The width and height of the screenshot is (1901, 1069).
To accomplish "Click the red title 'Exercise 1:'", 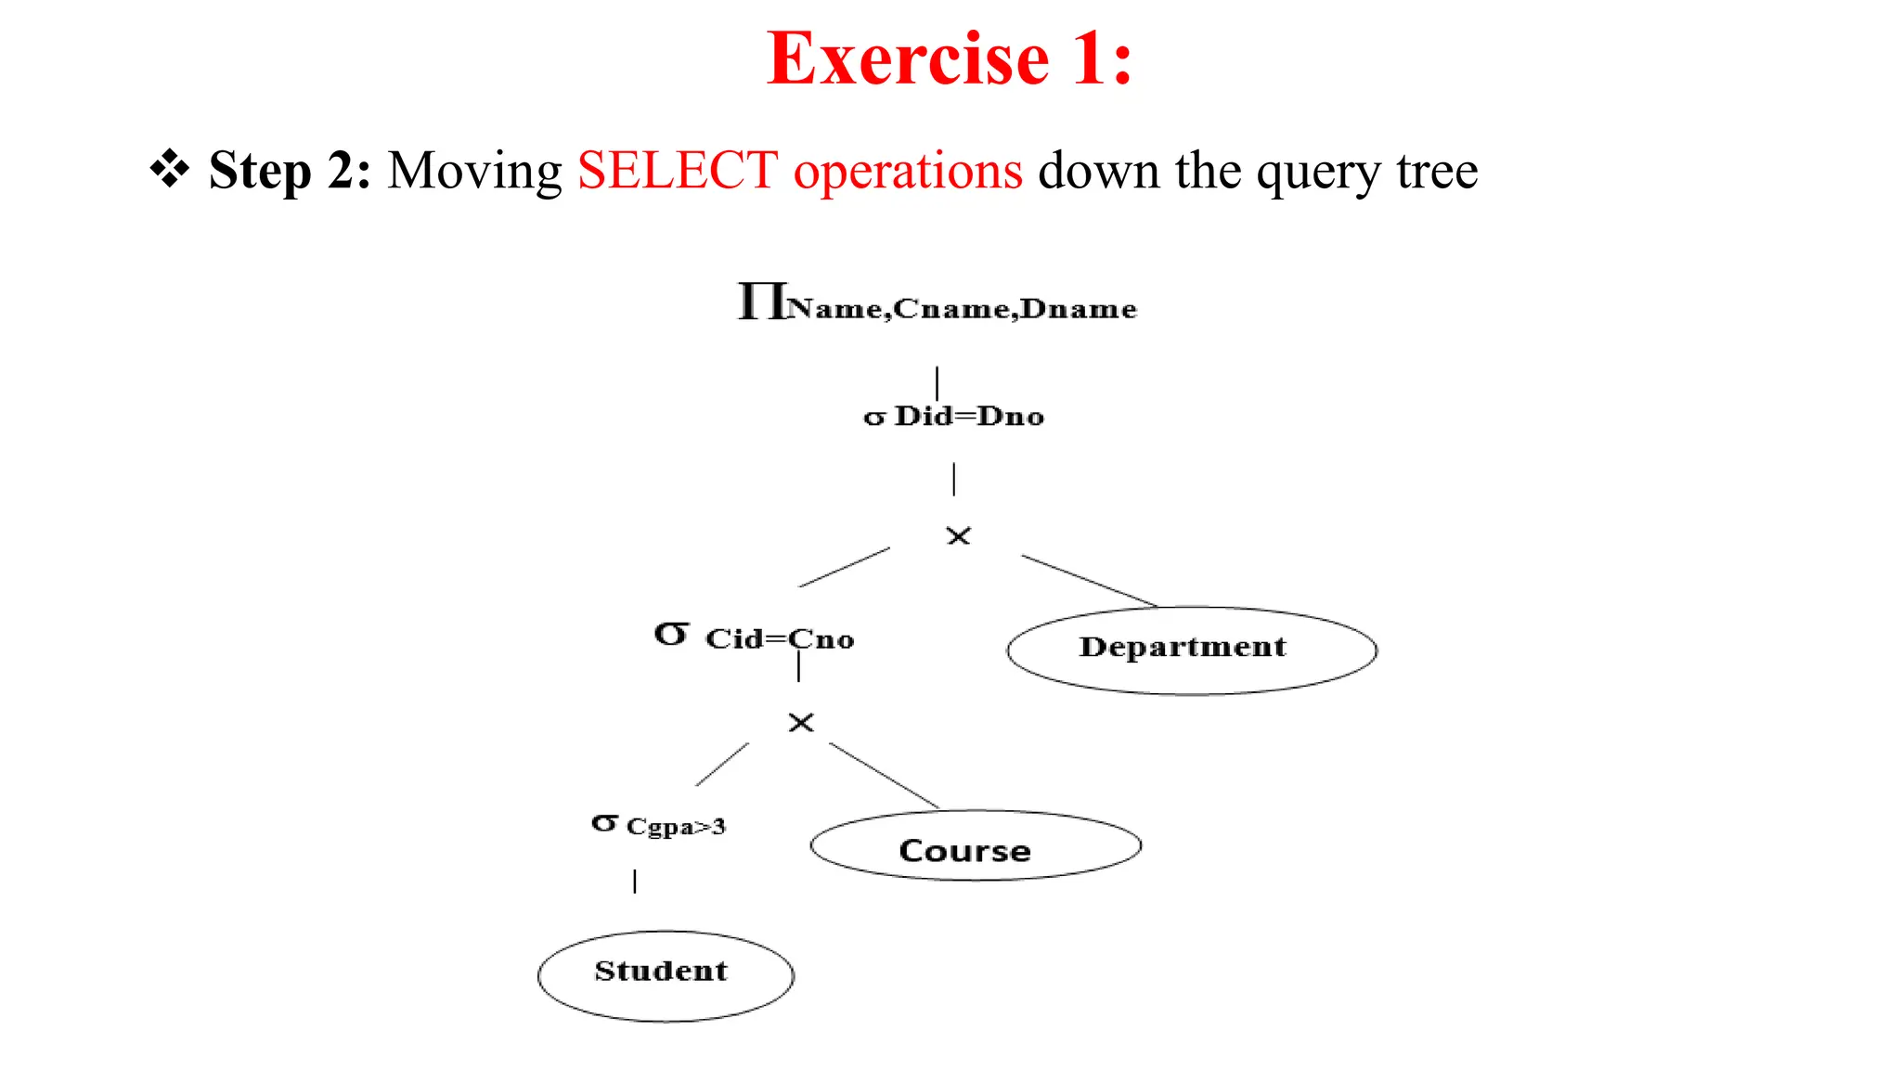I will coord(950,58).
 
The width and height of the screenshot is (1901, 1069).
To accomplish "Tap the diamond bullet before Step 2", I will coord(170,169).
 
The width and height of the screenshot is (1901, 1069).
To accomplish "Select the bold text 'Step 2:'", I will coord(290,171).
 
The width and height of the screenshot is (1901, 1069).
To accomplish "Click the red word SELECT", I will coord(678,171).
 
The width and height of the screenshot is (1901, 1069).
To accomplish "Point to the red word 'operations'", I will coord(908,171).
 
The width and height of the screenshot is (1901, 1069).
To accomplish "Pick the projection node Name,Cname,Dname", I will coord(938,304).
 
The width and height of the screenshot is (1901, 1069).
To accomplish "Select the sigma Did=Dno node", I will coord(953,416).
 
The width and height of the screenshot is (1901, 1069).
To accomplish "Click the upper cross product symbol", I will coord(958,536).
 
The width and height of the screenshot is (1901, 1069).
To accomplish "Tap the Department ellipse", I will coord(1191,650).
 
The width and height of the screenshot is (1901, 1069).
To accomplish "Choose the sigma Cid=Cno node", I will coord(754,638).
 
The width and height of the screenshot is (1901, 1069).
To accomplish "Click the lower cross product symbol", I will coord(801,723).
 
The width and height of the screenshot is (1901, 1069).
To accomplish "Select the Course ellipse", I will coord(975,846).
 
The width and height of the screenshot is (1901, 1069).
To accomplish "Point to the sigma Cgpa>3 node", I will coord(659,825).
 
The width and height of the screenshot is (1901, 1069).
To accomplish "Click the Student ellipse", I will coord(666,975).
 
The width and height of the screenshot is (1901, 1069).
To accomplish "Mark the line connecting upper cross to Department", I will coord(1090,581).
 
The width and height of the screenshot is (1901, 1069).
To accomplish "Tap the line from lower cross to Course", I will coord(884,775).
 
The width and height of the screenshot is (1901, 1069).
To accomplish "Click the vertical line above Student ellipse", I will coord(635,881).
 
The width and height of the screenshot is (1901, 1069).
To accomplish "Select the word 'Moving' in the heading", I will coord(474,171).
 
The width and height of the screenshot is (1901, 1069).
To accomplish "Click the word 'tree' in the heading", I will coord(1437,171).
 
